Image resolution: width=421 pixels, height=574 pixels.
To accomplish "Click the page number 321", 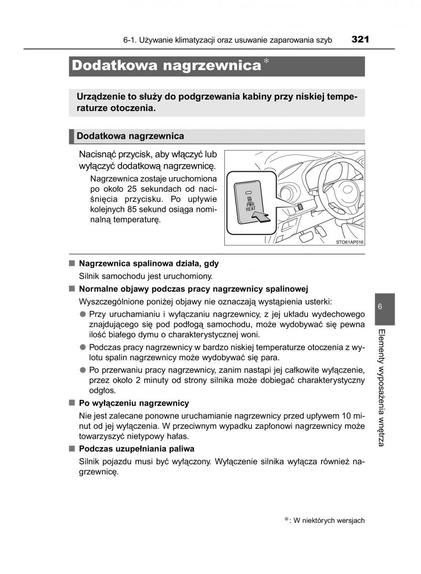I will pyautogui.click(x=359, y=39).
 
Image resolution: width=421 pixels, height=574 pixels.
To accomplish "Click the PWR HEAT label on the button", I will pyautogui.click(x=250, y=206).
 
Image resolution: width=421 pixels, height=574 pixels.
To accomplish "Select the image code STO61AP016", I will pyautogui.click(x=350, y=243).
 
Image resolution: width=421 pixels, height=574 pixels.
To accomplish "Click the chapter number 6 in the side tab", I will pyautogui.click(x=379, y=307).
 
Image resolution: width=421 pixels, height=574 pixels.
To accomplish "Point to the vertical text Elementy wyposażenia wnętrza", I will pyautogui.click(x=381, y=387).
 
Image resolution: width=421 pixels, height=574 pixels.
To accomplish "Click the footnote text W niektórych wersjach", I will pyautogui.click(x=329, y=520).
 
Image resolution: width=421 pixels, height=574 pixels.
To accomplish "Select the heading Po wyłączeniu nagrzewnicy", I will pyautogui.click(x=134, y=403).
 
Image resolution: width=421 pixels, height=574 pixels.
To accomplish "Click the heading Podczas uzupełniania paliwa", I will pyautogui.click(x=136, y=449).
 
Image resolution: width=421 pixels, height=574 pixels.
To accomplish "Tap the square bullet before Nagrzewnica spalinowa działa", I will pyautogui.click(x=72, y=263).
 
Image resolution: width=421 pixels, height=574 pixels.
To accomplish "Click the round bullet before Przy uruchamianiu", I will pyautogui.click(x=83, y=314).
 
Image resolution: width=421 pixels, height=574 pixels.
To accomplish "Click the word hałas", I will pyautogui.click(x=177, y=436).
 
